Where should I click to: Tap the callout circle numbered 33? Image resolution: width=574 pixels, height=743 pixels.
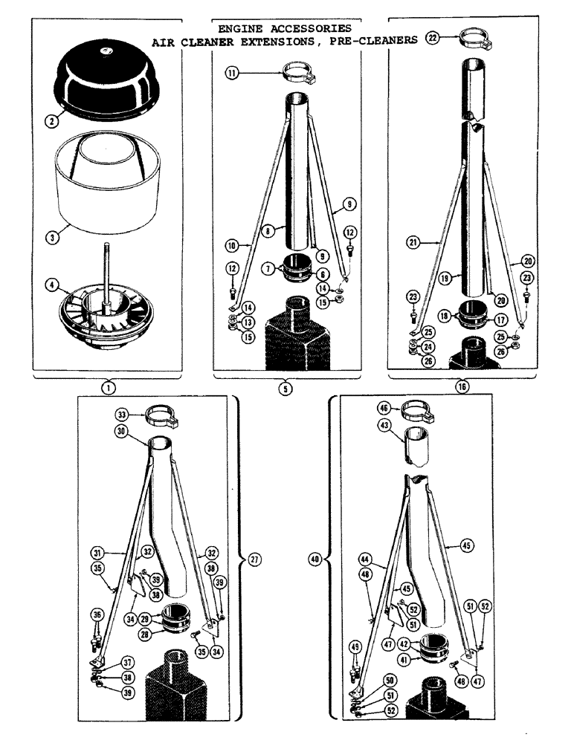120,414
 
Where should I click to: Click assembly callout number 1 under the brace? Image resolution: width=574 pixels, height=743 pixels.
109,386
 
